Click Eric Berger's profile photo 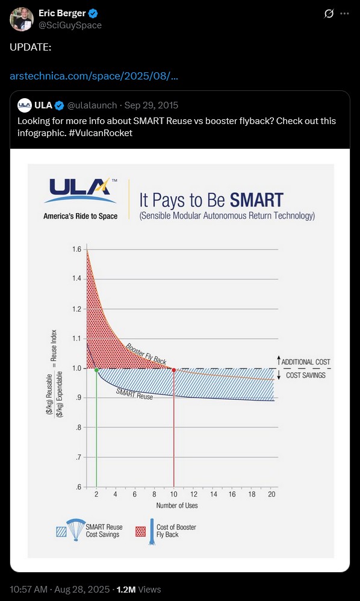(x=22, y=19)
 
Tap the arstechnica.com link (x=93, y=76)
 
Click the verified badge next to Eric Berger (x=93, y=14)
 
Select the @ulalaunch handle (x=92, y=105)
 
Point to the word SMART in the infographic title (x=256, y=201)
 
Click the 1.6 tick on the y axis (x=76, y=249)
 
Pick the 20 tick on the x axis (x=272, y=495)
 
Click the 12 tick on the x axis (x=193, y=495)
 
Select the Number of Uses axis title (x=177, y=506)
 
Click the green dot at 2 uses (x=96, y=370)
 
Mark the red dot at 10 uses (x=174, y=370)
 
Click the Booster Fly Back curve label (x=146, y=353)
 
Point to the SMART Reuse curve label (x=134, y=394)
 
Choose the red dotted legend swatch (x=141, y=532)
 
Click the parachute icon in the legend (x=76, y=529)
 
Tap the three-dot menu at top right (x=345, y=14)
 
